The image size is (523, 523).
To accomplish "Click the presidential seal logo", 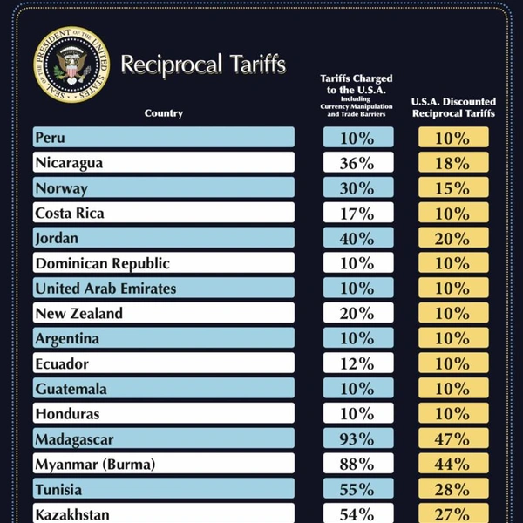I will pyautogui.click(x=72, y=65).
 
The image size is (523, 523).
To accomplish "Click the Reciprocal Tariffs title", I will pyautogui.click(x=202, y=65).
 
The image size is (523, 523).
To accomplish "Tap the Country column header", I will pyautogui.click(x=164, y=113).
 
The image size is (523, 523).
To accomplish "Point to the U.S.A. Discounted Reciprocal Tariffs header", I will pyautogui.click(x=452, y=107).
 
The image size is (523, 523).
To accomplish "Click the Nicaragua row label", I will pyautogui.click(x=69, y=163).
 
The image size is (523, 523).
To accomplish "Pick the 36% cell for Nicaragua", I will pyautogui.click(x=357, y=163).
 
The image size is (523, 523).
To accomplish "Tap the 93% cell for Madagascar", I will pyautogui.click(x=357, y=439).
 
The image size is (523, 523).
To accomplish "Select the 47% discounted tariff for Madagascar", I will pyautogui.click(x=452, y=439).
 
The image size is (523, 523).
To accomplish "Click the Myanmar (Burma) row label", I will pyautogui.click(x=95, y=465).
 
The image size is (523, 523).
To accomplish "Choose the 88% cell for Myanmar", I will pyautogui.click(x=357, y=465).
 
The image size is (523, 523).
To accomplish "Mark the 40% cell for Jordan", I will pyautogui.click(x=357, y=238).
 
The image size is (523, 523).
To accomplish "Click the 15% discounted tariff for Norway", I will pyautogui.click(x=452, y=188).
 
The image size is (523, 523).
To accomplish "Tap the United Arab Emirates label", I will pyautogui.click(x=105, y=289).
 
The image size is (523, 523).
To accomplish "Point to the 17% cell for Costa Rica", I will pyautogui.click(x=357, y=213).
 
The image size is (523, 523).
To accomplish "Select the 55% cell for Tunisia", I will pyautogui.click(x=357, y=490).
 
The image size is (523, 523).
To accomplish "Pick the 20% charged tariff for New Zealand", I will pyautogui.click(x=357, y=314).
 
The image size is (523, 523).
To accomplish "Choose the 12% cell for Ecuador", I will pyautogui.click(x=357, y=364).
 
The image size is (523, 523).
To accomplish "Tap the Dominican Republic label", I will pyautogui.click(x=102, y=263).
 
